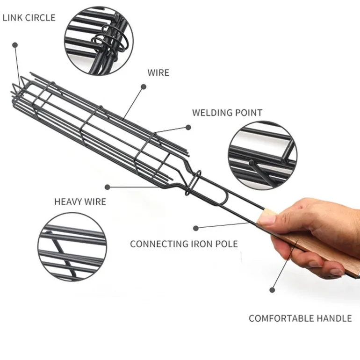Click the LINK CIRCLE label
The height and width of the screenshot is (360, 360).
pyautogui.click(x=29, y=18)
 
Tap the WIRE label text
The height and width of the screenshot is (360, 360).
pyautogui.click(x=158, y=73)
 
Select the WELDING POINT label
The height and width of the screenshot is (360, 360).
pyautogui.click(x=227, y=113)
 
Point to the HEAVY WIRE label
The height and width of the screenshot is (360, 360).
pyautogui.click(x=80, y=202)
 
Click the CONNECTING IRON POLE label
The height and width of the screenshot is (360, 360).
pyautogui.click(x=184, y=244)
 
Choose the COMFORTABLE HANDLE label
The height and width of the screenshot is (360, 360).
pyautogui.click(x=300, y=318)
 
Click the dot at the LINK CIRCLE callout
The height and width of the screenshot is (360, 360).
pyautogui.click(x=15, y=45)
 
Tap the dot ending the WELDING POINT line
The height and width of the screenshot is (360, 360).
pyautogui.click(x=188, y=127)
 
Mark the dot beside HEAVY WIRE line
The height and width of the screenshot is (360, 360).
pyautogui.click(x=107, y=187)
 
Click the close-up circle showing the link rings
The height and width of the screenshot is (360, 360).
pyautogui.click(x=99, y=40)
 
